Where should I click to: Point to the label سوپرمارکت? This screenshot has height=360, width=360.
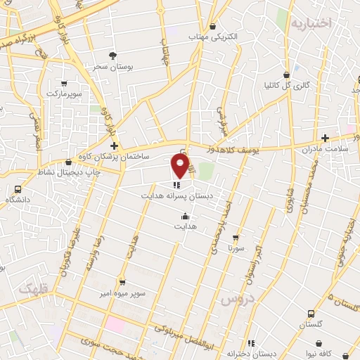pos(65,93)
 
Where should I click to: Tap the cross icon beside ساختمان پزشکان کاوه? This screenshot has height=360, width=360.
pos(114,146)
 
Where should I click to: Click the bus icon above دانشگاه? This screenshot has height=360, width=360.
pos(18,188)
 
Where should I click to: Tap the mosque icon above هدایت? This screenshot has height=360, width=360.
pos(185,217)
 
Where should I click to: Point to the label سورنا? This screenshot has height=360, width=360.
pos(235,249)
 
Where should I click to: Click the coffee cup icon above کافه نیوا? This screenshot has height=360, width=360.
pos(322,343)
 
